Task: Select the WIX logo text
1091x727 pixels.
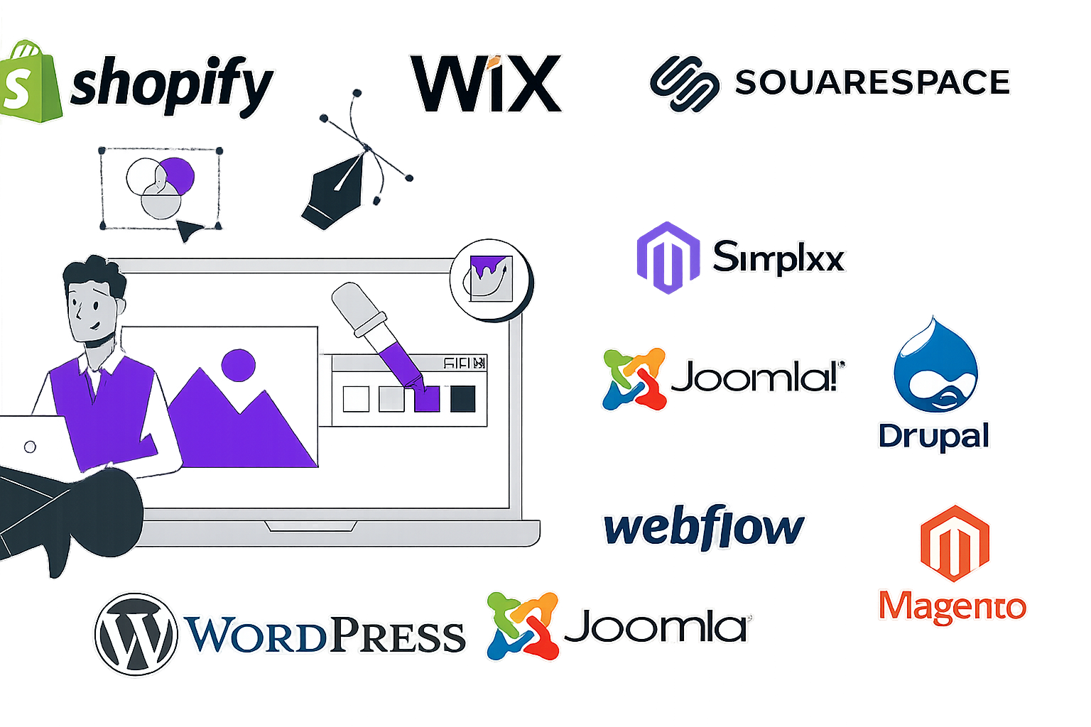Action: pos(487,84)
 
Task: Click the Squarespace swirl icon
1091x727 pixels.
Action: pos(684,84)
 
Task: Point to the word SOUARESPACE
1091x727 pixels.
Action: pos(872,82)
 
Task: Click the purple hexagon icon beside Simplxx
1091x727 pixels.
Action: pos(666,257)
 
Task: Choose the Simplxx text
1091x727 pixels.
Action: pos(778,257)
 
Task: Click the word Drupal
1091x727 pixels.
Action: pos(934,435)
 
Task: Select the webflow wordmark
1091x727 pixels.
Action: pos(704,528)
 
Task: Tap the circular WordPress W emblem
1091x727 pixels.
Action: pos(135,634)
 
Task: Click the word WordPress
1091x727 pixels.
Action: pos(325,634)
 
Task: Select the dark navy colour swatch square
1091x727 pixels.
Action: pos(462,399)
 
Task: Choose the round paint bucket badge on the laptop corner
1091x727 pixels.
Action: pos(492,280)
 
